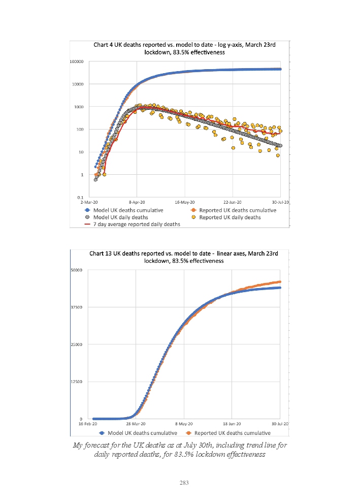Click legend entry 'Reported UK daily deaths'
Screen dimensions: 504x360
click(231, 217)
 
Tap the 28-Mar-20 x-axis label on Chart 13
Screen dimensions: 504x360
click(136, 424)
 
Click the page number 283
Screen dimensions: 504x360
click(184, 483)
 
